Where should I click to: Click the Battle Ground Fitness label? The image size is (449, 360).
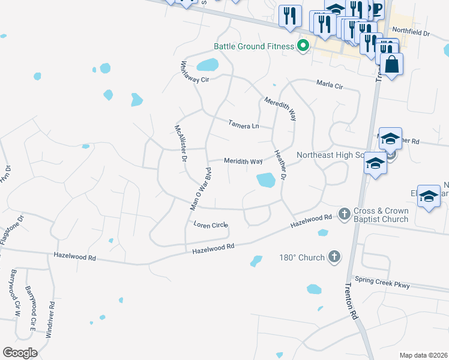(255, 46)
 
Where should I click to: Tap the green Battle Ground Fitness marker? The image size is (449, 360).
(304, 46)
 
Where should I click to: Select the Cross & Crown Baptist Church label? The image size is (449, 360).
(381, 215)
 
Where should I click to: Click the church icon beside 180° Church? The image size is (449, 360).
(334, 257)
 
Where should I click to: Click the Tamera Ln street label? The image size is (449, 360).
(243, 125)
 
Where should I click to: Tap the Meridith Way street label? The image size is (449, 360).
(243, 161)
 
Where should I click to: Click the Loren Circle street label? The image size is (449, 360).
(210, 225)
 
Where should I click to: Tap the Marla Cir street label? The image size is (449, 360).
(330, 86)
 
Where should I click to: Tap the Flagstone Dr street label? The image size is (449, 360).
(11, 227)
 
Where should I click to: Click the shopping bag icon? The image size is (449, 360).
(391, 64)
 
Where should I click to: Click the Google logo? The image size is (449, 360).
(20, 352)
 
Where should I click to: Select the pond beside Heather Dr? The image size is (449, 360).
(265, 179)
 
